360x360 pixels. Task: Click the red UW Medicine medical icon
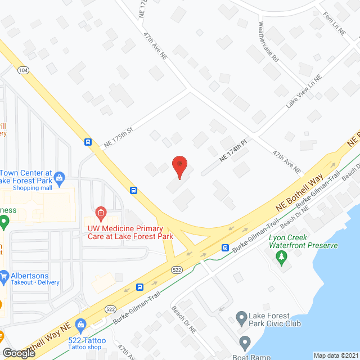[x=101, y=213]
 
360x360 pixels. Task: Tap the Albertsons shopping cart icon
[x=4, y=276]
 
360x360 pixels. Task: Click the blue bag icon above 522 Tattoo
[x=81, y=325]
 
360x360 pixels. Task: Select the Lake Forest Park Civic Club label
[x=276, y=319]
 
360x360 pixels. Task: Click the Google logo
[x=18, y=353]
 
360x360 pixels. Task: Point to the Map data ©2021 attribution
[x=336, y=355]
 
